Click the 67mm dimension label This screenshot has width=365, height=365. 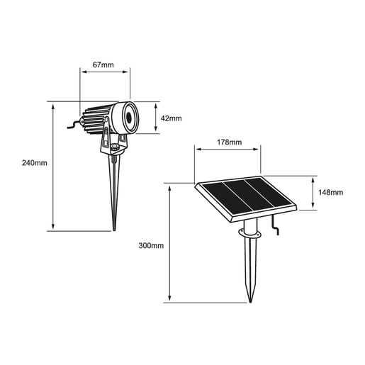pos(103,64)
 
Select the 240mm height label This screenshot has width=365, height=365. pos(35,163)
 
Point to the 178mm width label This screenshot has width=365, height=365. pos(228,142)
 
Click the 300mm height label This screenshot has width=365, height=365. pos(151,245)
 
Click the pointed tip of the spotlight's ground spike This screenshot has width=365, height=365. pos(114,228)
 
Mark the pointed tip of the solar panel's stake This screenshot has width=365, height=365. pos(249,301)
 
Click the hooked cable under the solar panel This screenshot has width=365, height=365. pos(278,227)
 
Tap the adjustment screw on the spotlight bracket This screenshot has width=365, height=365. pos(114,147)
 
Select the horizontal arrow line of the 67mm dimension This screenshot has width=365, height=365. pos(105,71)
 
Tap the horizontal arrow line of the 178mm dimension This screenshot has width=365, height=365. pos(228,150)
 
